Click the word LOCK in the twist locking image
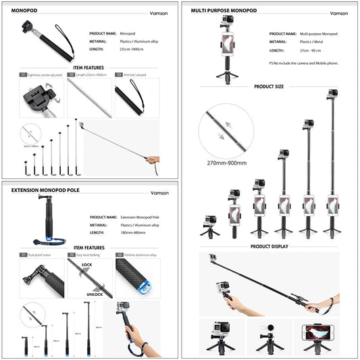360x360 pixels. pyautogui.click(x=87, y=265)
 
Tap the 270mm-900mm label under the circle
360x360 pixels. pyautogui.click(x=226, y=163)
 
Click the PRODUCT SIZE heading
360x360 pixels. pyautogui.click(x=269, y=87)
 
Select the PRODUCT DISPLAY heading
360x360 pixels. pyautogui.click(x=269, y=247)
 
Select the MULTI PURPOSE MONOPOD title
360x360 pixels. pyautogui.click(x=223, y=11)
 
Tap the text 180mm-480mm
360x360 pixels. pyautogui.click(x=134, y=233)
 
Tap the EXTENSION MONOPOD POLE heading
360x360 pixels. pyautogui.click(x=45, y=190)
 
